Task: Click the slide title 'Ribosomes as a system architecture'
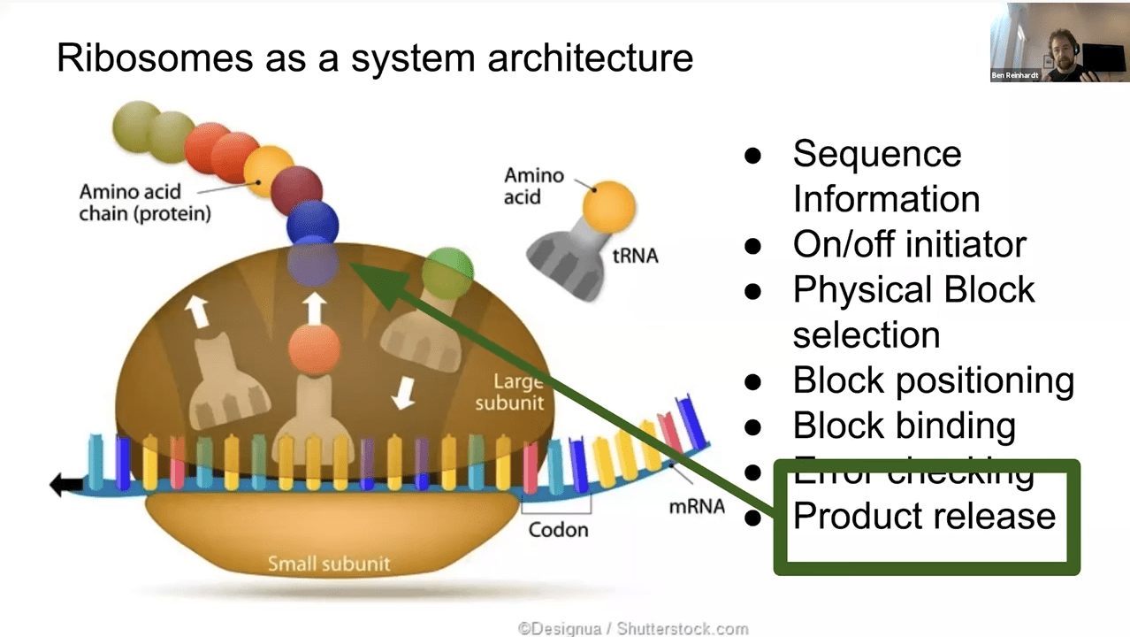pos(374,58)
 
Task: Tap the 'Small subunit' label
pos(328,564)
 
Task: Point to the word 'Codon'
pos(558,530)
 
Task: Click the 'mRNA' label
pos(697,506)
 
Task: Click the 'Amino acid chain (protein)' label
pos(145,203)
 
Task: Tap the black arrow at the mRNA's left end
pos(66,484)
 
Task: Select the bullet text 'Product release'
pos(924,516)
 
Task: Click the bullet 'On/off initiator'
pos(910,244)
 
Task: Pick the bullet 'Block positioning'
pos(933,380)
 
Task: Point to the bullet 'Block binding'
pos(904,426)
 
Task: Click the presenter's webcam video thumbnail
pos(1059,42)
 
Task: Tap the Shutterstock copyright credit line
pos(633,629)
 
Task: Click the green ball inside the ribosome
pos(447,273)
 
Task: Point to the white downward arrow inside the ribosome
pos(403,392)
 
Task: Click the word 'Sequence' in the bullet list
pos(876,154)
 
